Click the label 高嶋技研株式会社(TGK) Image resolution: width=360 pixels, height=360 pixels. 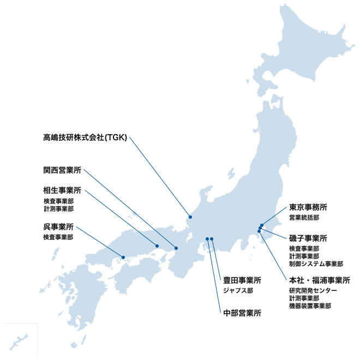click(85, 137)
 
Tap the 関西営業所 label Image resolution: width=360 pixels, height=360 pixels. click(62, 170)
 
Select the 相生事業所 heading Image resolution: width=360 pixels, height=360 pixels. click(62, 191)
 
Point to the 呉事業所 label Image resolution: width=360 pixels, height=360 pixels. click(58, 227)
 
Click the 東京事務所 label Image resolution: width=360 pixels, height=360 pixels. click(308, 207)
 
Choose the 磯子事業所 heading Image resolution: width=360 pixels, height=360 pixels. click(308, 238)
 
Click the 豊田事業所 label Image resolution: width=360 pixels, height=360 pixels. click(242, 280)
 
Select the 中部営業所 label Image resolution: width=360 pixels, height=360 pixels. click(242, 313)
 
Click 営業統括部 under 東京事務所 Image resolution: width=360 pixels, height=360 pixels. click(304, 217)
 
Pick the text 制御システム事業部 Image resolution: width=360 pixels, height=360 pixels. click(316, 264)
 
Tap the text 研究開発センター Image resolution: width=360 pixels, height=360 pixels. click(313, 291)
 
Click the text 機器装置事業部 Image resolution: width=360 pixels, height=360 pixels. click(310, 306)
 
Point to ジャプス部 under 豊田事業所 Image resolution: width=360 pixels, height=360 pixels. click(238, 291)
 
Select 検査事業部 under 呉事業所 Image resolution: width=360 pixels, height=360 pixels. click(58, 237)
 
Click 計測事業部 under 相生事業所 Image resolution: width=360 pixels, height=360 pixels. click(58, 208)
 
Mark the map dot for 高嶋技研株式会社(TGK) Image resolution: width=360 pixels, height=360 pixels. click(190, 217)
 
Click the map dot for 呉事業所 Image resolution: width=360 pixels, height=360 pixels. click(123, 257)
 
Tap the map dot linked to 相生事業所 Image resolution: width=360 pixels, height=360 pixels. click(157, 245)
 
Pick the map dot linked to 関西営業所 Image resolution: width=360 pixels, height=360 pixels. click(176, 248)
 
